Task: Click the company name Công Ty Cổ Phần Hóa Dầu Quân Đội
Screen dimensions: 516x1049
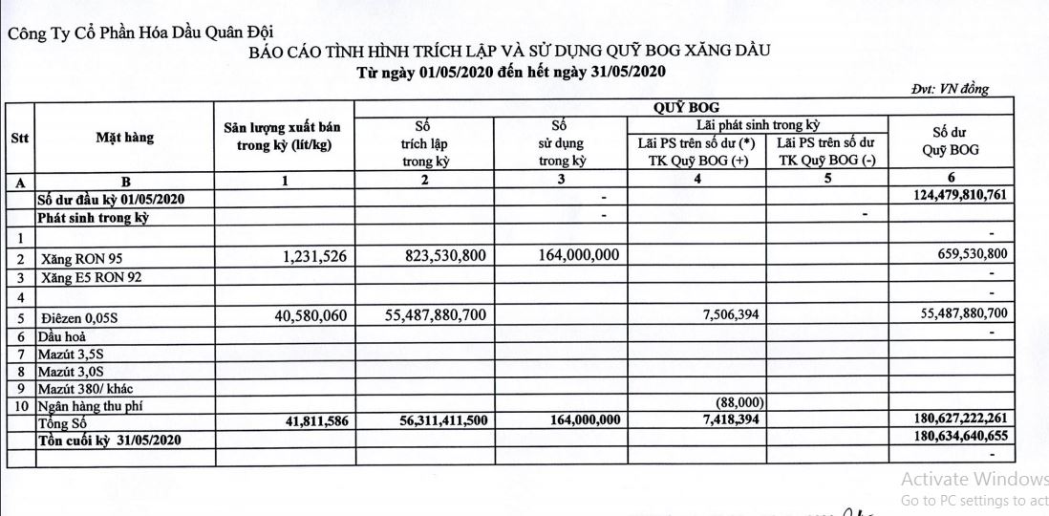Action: [118, 35]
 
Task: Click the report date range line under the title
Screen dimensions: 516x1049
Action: [510, 72]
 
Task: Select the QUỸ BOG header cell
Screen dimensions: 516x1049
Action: [686, 107]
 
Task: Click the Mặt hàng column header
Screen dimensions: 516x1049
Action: [124, 138]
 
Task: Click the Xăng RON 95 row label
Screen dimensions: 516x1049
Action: [82, 258]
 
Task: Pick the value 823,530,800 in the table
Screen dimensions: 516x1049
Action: [439, 256]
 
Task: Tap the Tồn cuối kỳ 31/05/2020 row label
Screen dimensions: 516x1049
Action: [112, 439]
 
